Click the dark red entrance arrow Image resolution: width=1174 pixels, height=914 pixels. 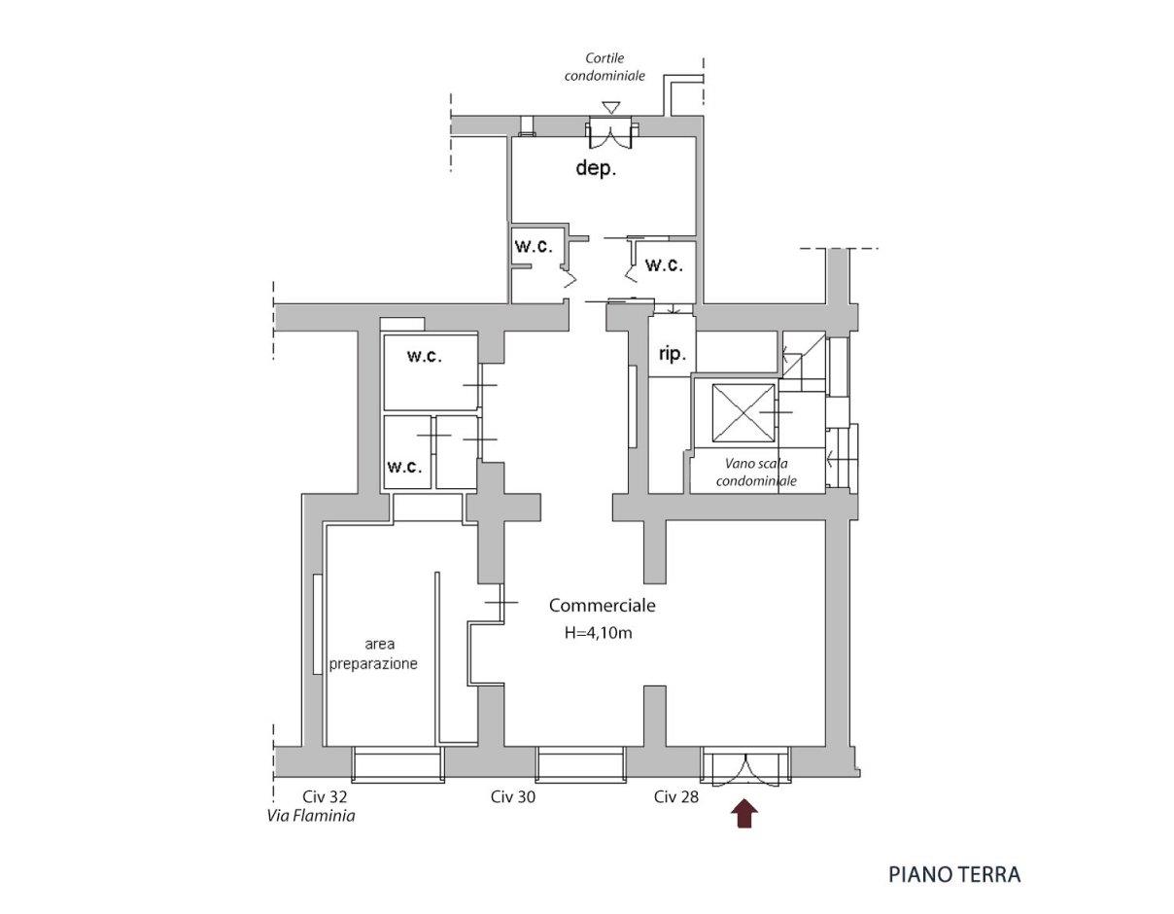coord(743,813)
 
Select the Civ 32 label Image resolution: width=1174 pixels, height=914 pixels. coord(325,796)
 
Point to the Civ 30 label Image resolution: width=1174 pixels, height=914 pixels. coord(513,796)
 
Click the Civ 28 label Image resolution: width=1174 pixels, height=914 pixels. coord(675,796)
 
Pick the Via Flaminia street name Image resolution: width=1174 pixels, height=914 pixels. coord(311,816)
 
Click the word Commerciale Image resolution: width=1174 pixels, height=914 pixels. coord(602,606)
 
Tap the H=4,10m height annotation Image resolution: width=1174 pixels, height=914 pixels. coord(598,633)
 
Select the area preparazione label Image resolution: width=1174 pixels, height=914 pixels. coord(373,653)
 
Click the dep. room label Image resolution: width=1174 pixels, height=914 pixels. coord(596,168)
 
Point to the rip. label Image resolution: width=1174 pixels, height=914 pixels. coord(673,355)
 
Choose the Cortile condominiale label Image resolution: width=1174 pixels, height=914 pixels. coord(604,66)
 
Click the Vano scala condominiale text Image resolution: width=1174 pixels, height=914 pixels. coord(756,472)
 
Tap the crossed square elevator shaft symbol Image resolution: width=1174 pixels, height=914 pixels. coord(742,413)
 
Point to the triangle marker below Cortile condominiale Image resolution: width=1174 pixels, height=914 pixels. coord(611,108)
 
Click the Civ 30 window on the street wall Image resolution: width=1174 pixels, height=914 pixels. coord(581,765)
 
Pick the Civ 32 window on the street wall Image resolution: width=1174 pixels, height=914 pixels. coord(398,765)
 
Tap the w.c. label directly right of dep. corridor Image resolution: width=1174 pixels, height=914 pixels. coord(664,264)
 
